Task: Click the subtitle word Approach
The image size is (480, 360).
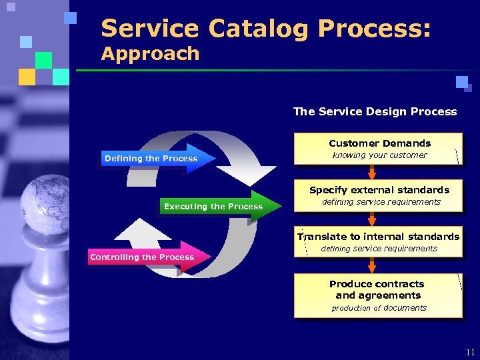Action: (x=151, y=54)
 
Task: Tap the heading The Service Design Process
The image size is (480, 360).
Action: (x=375, y=111)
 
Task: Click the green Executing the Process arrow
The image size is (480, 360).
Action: (x=217, y=207)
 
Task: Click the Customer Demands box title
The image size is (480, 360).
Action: (x=379, y=143)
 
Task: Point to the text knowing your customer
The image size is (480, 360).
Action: (x=379, y=155)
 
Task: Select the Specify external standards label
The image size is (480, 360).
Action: (x=379, y=190)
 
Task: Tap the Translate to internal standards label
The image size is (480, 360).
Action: (x=379, y=237)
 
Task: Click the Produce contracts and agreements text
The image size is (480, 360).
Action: (x=378, y=289)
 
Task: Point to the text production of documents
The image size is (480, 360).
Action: (x=379, y=308)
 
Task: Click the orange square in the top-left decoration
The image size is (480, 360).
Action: (x=27, y=77)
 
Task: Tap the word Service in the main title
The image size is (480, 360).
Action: (x=149, y=29)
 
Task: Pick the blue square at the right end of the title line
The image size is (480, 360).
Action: (x=462, y=82)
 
